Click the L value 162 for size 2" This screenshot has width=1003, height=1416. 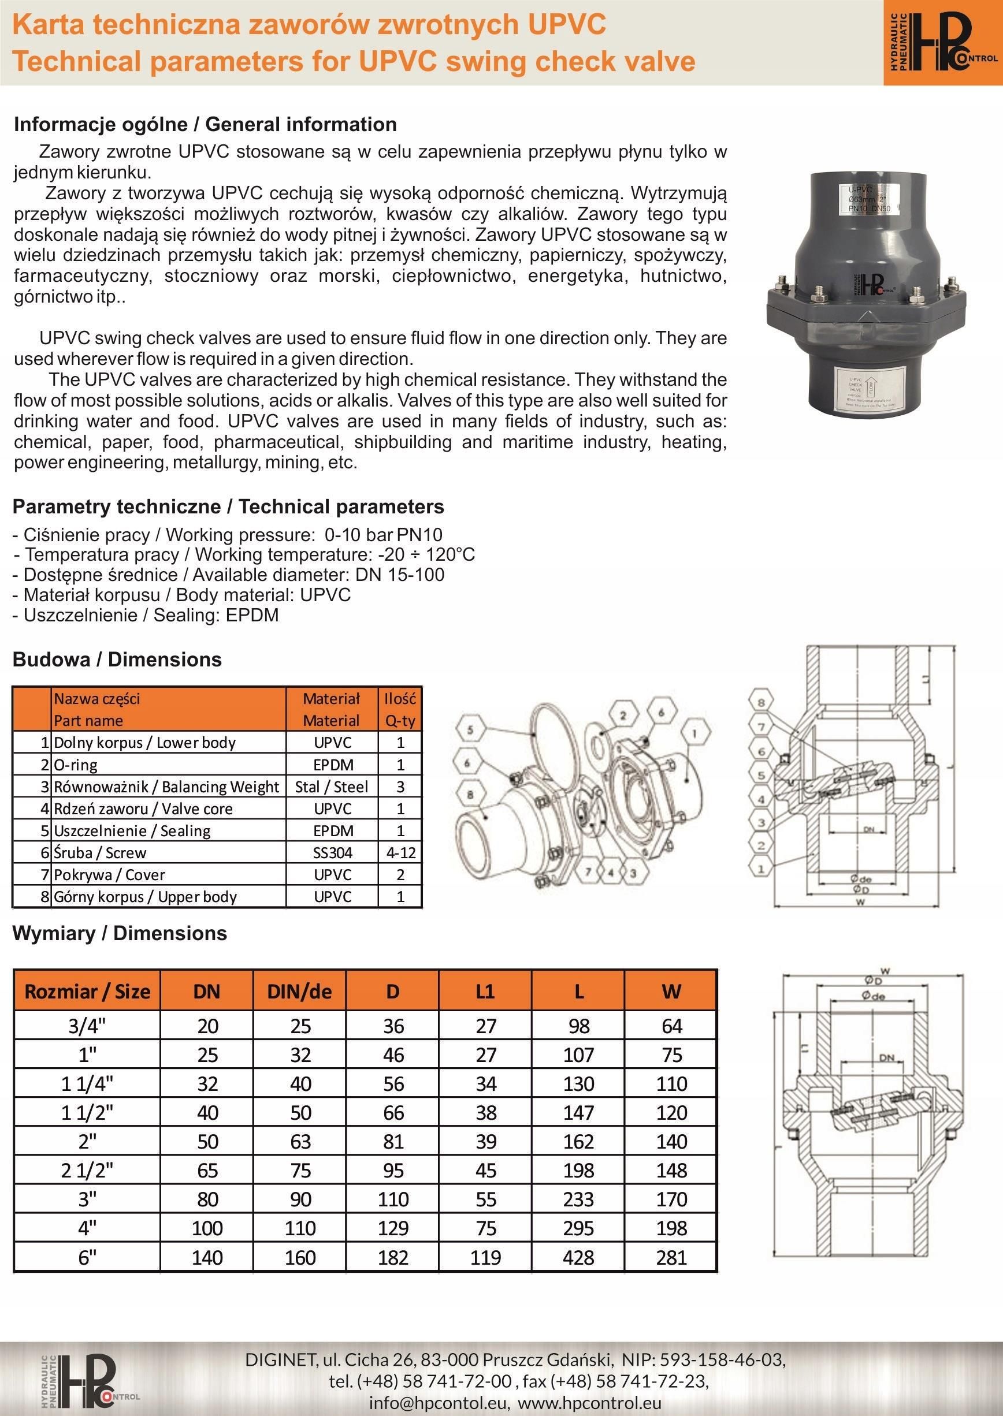point(578,1141)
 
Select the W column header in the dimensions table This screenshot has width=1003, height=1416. point(671,992)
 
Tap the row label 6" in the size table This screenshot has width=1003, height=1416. point(87,1257)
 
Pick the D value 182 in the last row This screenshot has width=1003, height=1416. point(393,1257)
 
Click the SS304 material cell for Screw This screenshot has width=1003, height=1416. point(332,852)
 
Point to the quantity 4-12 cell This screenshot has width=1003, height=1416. point(400,852)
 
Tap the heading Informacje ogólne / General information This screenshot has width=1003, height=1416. point(205,124)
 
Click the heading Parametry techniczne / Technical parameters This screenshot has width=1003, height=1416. point(228,507)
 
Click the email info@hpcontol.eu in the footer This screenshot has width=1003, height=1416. point(439,1402)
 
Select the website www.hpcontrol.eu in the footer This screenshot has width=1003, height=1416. point(591,1402)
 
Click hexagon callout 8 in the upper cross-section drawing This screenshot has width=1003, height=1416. point(761,702)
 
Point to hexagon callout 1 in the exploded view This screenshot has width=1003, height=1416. point(695,734)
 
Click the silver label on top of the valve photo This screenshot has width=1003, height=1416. point(870,199)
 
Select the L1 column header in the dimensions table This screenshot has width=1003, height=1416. point(485,992)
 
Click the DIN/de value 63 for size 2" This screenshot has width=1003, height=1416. point(300,1141)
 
